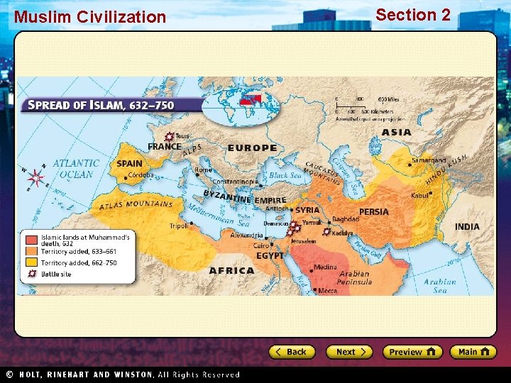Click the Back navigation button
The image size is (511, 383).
(x=291, y=352)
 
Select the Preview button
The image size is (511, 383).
(x=412, y=352)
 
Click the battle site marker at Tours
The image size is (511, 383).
(x=168, y=136)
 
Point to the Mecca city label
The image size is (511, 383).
(x=328, y=290)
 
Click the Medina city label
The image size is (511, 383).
(x=326, y=267)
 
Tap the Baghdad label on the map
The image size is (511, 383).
(x=346, y=219)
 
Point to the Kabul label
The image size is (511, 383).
(x=422, y=194)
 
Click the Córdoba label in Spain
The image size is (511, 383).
(x=141, y=175)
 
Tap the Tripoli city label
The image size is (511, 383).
(x=179, y=226)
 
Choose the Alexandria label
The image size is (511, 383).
(x=246, y=235)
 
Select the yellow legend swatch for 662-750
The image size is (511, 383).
(x=32, y=262)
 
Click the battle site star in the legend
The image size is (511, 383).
(x=32, y=273)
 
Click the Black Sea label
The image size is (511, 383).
(x=285, y=175)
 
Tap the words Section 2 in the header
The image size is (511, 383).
(x=413, y=15)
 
